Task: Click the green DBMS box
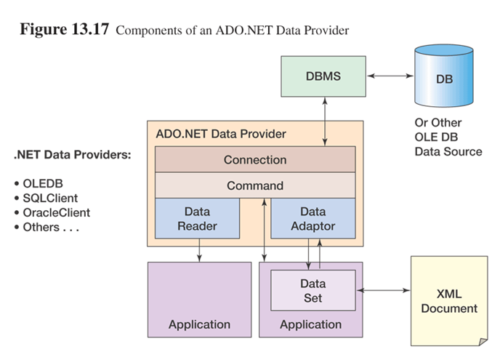pos(323,76)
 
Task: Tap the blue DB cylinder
pos(444,76)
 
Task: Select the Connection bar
pos(255,159)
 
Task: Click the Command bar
pos(255,185)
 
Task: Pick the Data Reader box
pos(197,218)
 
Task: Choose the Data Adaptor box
pos(312,218)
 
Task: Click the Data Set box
pos(312,290)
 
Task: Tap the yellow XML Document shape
pos(449,301)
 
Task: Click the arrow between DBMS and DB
pos(390,76)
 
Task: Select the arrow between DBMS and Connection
pos(325,121)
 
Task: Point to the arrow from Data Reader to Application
pos(199,250)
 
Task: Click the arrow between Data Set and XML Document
pos(384,290)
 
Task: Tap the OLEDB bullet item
pos(39,183)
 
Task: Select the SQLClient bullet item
pos(46,199)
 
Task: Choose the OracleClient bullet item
pos(52,212)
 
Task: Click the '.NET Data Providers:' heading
pos(73,155)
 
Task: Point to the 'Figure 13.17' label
pos(65,29)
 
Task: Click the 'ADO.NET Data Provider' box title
pos(221,134)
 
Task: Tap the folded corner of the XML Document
pos(483,342)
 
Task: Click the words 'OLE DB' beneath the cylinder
pos(436,137)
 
